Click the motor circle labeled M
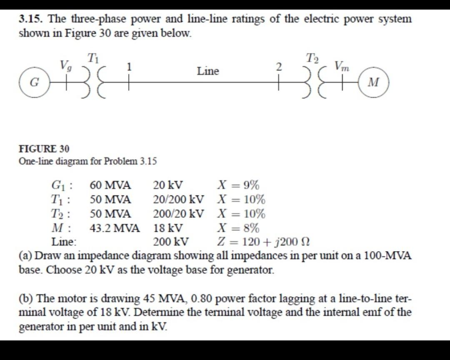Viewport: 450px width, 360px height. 374,82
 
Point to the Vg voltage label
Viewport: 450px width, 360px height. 65,65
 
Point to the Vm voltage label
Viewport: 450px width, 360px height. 342,66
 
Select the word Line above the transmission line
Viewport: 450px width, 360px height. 208,71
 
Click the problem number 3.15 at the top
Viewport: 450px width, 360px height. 32,19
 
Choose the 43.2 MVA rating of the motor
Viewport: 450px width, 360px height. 115,228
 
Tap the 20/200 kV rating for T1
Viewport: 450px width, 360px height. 179,200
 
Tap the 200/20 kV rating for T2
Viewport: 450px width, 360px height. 179,214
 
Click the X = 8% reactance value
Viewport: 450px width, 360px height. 238,228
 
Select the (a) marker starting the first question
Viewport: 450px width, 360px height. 26,255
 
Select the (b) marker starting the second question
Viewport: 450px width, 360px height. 26,299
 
